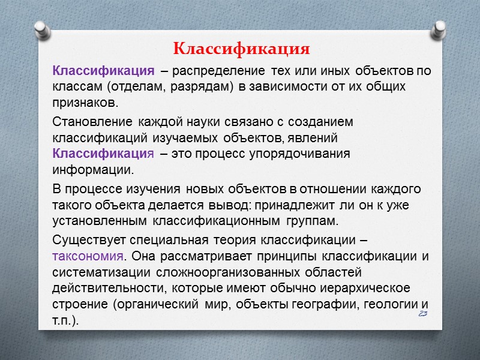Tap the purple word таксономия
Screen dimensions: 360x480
click(x=89, y=257)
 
